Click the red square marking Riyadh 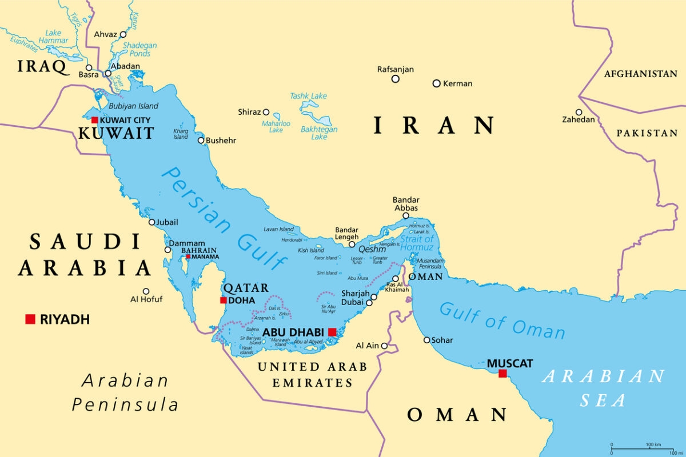pos(30,319)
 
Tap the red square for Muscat pos(502,374)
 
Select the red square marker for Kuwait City pos(94,120)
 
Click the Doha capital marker pos(223,300)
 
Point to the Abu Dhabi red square pos(332,331)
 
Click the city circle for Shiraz pos(266,112)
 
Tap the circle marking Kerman pos(436,83)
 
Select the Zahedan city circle pos(579,112)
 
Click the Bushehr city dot pos(201,141)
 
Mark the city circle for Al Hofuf pos(146,291)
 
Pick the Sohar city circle pos(426,340)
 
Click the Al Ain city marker pos(384,346)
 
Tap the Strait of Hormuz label pos(417,243)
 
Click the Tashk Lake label pos(309,96)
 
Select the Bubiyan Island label pos(133,106)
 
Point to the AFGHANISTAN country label pos(640,74)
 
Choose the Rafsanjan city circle pos(395,79)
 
